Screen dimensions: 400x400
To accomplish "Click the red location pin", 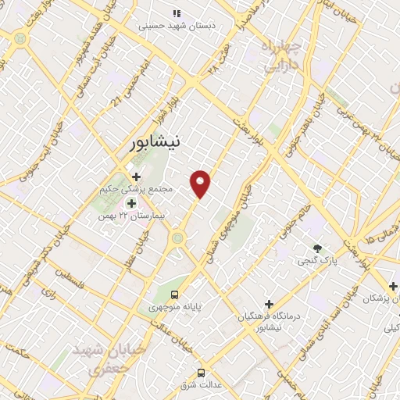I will point(201,184).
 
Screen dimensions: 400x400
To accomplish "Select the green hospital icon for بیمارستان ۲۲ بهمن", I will point(130,202).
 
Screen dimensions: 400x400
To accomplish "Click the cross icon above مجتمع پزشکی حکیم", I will point(136,177).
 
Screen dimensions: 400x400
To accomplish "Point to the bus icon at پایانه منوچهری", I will point(173,295).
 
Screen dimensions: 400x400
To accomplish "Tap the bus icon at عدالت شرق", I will point(201,372).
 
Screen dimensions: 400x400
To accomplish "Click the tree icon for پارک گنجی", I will point(316,248).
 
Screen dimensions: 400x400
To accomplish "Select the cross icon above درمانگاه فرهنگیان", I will point(269,303).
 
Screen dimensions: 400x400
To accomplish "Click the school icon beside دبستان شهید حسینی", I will point(177,13).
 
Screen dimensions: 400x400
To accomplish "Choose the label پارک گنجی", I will point(314,261).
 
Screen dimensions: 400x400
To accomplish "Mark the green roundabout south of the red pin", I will point(177,237).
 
